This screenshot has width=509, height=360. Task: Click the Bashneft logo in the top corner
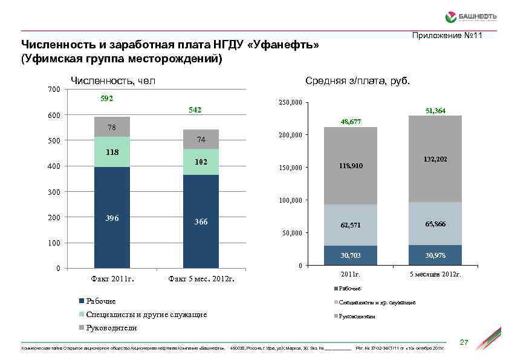tap(470, 16)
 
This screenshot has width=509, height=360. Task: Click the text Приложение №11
tap(447, 37)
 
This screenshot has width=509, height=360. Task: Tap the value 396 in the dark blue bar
tap(112, 217)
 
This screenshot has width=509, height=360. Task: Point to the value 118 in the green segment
tap(112, 152)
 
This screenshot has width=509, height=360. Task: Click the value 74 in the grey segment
tap(201, 140)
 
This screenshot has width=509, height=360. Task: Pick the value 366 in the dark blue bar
tap(201, 222)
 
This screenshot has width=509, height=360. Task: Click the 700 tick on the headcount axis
tap(53, 90)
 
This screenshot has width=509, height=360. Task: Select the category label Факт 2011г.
tap(112, 280)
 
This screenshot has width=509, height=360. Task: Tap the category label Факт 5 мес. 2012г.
tap(201, 280)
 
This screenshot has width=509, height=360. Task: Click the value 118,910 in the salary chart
tap(351, 165)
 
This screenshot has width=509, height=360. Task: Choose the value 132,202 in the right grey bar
tap(435, 158)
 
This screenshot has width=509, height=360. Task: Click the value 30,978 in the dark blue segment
tap(435, 256)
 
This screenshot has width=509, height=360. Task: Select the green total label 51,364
tap(435, 111)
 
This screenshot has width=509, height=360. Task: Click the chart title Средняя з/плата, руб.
tap(358, 81)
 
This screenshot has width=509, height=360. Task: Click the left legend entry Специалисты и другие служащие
tap(147, 314)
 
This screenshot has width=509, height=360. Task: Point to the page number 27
tap(464, 343)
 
